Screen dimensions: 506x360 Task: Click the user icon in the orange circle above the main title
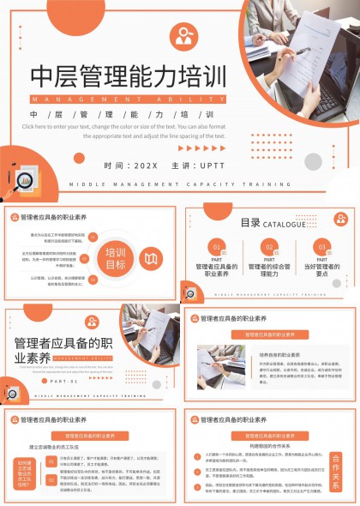(x=184, y=36)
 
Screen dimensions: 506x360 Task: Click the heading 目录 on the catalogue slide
(x=249, y=223)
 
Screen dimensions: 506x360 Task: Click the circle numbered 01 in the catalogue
(x=216, y=246)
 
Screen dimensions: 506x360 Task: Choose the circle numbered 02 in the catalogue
(x=269, y=246)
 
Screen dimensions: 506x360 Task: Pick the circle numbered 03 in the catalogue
(x=321, y=246)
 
